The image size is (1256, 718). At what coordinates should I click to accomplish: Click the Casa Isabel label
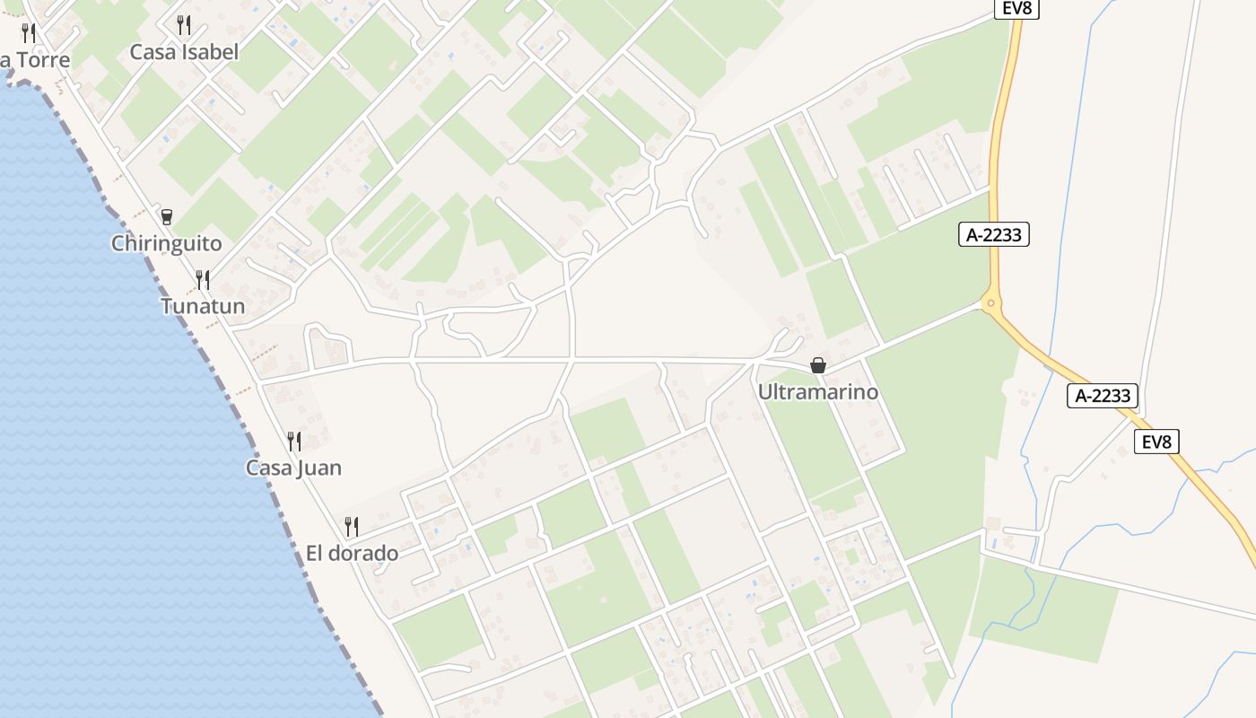184,52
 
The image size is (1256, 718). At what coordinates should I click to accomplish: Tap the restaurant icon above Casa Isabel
184,24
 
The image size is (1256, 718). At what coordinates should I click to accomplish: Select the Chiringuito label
166,243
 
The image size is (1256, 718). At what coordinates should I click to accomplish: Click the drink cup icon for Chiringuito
166,216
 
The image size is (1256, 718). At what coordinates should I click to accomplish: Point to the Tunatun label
203,306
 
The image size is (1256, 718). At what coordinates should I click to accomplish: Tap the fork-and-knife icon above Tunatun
203,280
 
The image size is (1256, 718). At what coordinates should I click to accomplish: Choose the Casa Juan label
293,468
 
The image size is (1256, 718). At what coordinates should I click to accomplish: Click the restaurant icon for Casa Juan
293,441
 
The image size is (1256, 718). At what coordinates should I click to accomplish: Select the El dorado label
352,553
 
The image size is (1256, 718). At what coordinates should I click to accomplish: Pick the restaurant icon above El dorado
352,527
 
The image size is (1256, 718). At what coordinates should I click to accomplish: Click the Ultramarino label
817,392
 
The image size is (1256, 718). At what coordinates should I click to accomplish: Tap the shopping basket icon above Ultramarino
817,365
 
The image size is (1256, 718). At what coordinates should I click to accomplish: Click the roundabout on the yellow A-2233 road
991,303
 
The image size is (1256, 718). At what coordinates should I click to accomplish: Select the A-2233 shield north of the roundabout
993,235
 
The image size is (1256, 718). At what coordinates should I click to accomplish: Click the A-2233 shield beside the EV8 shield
1103,395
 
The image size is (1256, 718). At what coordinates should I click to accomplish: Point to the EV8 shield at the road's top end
1016,8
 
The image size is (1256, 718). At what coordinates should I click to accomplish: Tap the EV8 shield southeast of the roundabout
1156,442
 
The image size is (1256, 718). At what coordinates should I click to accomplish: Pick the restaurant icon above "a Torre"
29,33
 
